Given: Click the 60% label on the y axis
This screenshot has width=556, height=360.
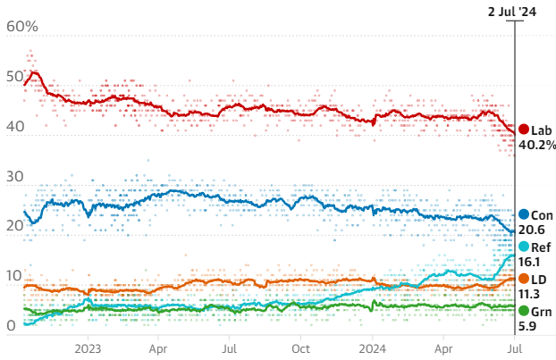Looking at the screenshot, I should click(x=22, y=27).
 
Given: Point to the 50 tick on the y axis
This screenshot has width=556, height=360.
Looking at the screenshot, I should click(x=15, y=77).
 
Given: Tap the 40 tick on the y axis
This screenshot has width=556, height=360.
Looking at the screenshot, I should click(x=15, y=127).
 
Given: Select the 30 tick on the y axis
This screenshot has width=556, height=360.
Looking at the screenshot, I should click(x=15, y=177).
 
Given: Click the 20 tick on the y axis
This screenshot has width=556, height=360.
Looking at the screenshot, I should click(x=15, y=227).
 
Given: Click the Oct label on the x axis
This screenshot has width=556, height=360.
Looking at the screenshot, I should click(x=302, y=348).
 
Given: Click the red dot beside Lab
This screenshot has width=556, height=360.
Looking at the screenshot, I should click(x=524, y=130).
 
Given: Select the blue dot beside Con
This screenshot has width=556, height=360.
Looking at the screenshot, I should click(x=524, y=215).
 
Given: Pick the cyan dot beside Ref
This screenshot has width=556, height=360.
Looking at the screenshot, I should click(x=524, y=247).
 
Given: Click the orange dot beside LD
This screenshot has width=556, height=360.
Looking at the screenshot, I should click(x=524, y=280).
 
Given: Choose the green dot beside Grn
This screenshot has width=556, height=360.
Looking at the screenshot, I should click(x=524, y=312).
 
